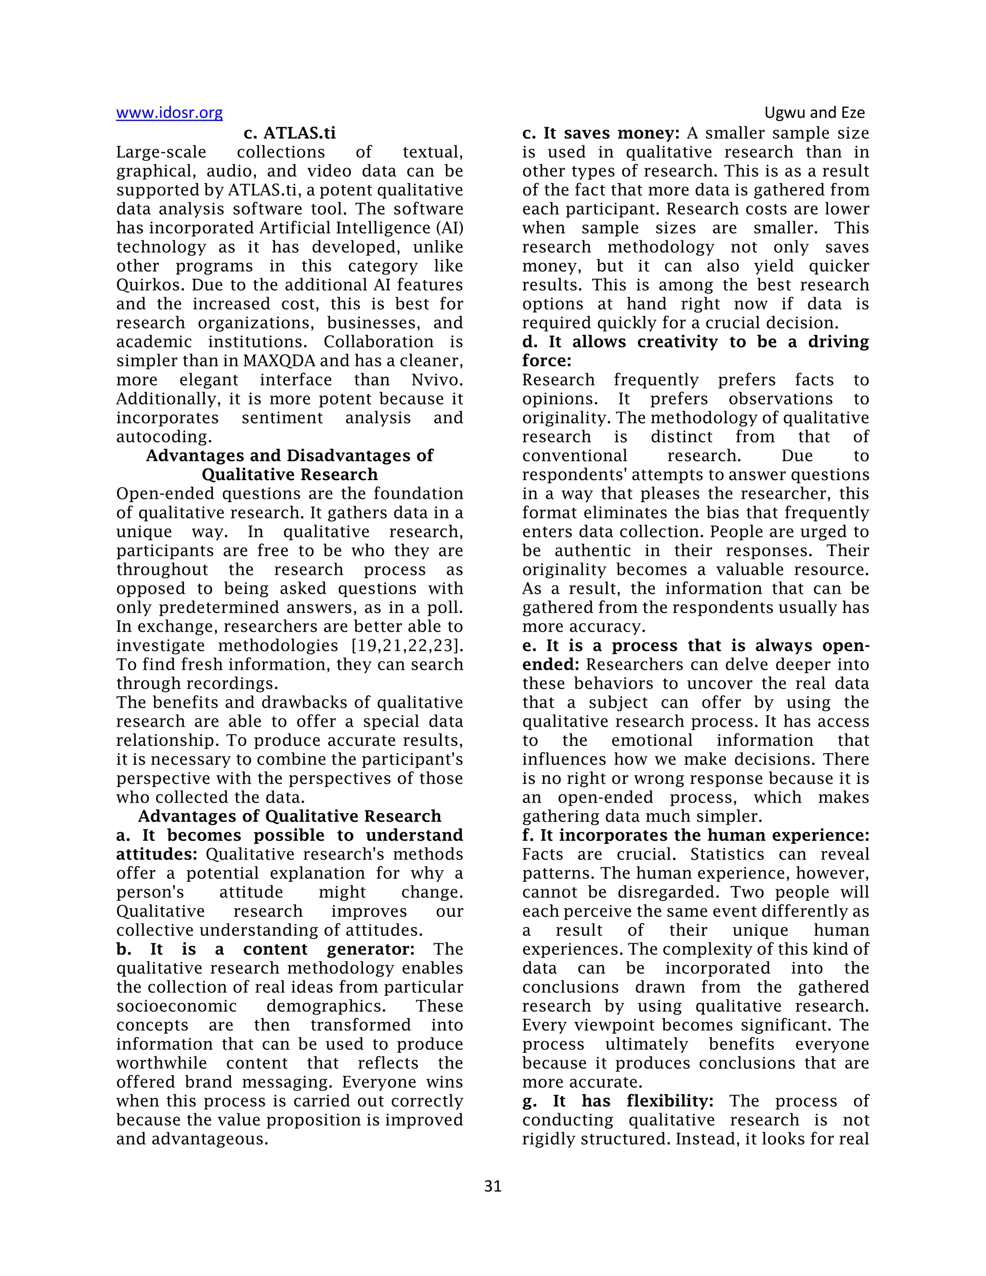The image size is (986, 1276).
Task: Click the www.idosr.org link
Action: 169,113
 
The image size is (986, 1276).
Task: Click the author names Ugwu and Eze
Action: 814,113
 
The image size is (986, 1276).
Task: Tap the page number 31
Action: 493,1186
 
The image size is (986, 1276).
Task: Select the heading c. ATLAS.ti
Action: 290,133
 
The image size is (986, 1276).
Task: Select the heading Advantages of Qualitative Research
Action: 290,816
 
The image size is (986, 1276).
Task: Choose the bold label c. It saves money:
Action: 600,133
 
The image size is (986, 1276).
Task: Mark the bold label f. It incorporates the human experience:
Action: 695,835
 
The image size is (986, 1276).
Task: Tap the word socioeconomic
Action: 176,1006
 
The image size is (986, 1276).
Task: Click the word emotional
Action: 652,740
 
